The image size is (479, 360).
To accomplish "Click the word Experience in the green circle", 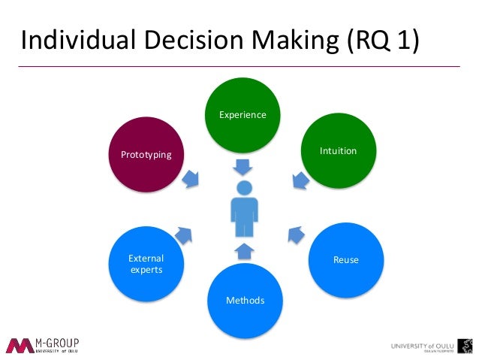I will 243,115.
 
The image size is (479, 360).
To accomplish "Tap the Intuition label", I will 338,151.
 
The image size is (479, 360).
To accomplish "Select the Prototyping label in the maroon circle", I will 146,155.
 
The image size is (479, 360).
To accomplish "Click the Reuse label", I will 346,260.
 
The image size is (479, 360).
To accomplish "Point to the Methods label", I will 245,301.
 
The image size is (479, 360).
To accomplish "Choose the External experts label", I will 146,264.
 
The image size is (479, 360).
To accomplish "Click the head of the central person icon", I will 244,189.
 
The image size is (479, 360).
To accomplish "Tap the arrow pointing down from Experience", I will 243,164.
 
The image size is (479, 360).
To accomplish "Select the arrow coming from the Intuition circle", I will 299,180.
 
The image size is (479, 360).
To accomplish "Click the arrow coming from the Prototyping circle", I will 192,178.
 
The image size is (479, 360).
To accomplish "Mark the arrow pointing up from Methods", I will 244,250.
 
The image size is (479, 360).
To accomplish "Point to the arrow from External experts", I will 184,234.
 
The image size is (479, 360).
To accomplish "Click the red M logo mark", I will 19,345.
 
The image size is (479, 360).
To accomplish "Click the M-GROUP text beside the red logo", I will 57,343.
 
